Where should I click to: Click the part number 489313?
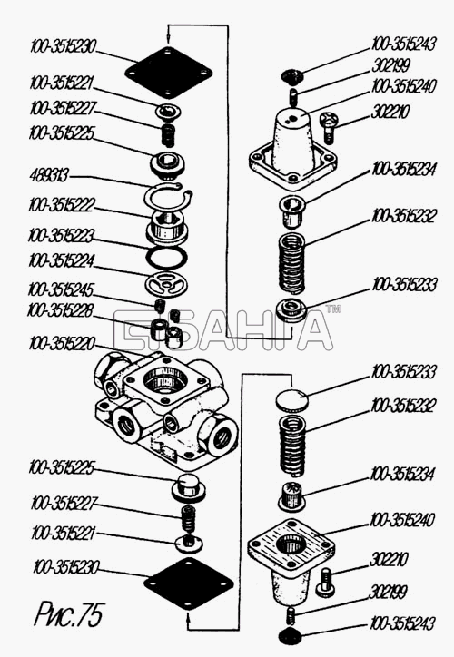point(49,175)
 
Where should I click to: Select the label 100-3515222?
point(62,205)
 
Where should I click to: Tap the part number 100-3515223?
point(61,235)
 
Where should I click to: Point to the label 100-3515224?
point(61,260)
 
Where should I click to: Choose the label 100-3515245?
point(60,290)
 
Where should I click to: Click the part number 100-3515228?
point(60,311)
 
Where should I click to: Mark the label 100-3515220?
point(62,344)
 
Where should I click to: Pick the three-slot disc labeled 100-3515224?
point(166,285)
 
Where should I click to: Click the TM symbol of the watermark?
point(333,309)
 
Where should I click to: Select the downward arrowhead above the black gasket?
point(168,40)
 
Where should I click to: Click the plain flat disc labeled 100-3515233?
point(291,400)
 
